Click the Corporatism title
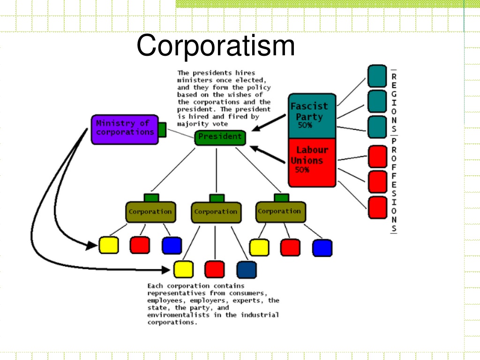[216, 46]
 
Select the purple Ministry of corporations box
[125, 129]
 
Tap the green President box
[220, 138]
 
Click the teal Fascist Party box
[312, 116]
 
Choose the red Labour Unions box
[312, 163]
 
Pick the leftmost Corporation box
[150, 212]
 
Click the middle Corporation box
[216, 212]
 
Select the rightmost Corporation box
[280, 211]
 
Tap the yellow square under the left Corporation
[109, 245]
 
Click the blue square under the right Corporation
[322, 248]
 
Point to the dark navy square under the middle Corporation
[247, 270]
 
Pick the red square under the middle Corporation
[215, 270]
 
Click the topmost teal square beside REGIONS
[377, 76]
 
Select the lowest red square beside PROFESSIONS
[377, 208]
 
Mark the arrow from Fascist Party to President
[269, 123]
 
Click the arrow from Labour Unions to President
[268, 154]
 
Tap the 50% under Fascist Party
[305, 125]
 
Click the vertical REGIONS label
[394, 103]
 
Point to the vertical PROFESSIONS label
[394, 185]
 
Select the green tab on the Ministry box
[162, 130]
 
